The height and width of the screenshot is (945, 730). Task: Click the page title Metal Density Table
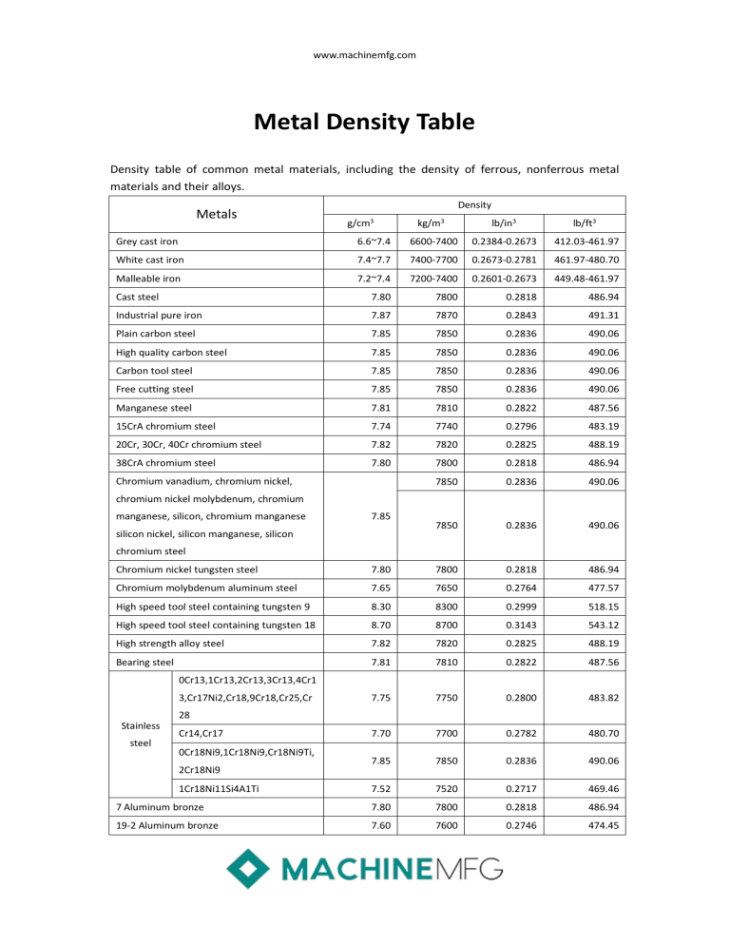point(365,123)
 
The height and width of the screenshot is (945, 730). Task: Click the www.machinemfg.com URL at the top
point(365,55)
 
